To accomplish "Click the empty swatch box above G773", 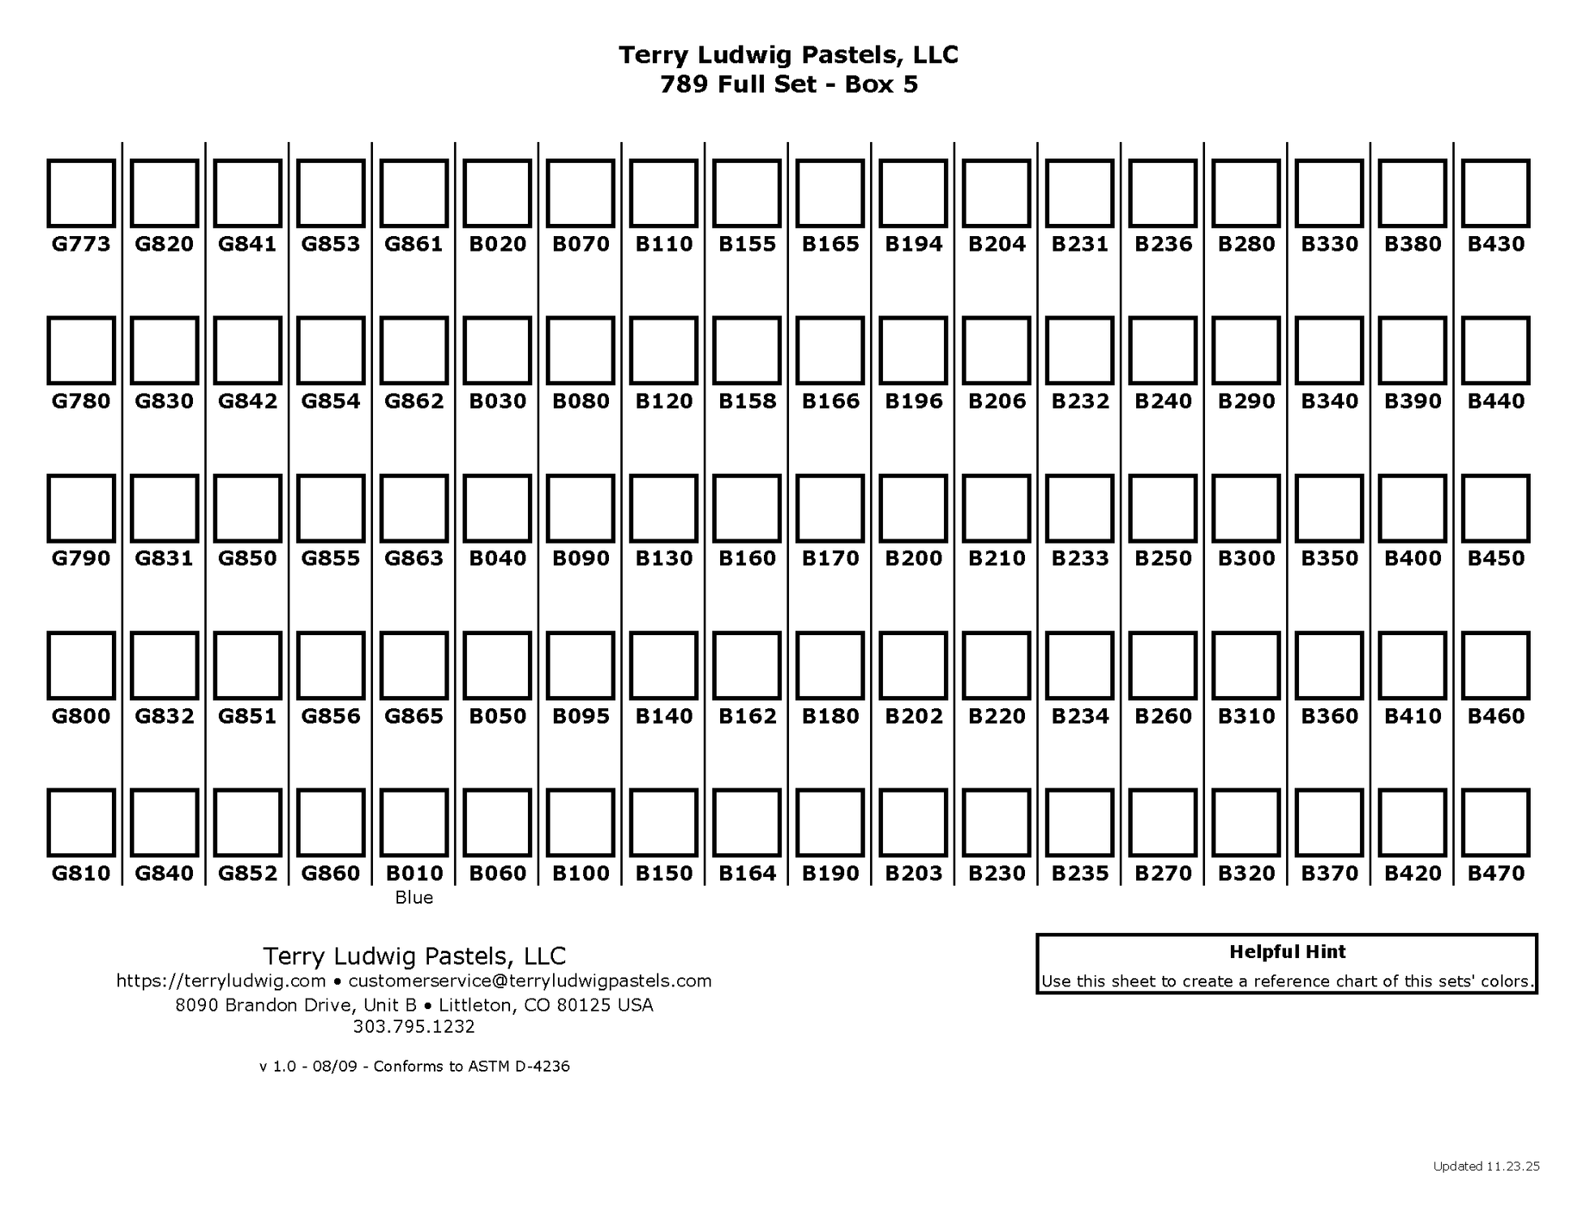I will tap(81, 193).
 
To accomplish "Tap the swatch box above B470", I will tap(1495, 823).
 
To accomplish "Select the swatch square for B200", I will tap(913, 508).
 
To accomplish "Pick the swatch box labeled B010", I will tap(414, 823).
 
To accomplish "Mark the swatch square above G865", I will tap(414, 665).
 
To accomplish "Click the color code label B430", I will tap(1495, 243).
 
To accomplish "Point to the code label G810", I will tap(81, 874).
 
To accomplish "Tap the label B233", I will tap(1079, 558).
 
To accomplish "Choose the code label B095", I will tap(581, 716).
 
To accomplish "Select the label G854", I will tap(331, 401).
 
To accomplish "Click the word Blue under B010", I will tap(414, 898).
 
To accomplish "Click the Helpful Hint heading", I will tap(1287, 952).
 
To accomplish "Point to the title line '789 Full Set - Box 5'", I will tap(788, 84).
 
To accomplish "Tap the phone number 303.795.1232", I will tap(414, 1027).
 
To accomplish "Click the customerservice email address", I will tap(530, 981).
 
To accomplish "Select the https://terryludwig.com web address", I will tap(221, 981).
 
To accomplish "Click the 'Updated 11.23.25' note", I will tap(1486, 1166).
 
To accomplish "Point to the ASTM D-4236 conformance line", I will tap(414, 1066).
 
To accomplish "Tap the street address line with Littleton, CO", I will tap(414, 1005).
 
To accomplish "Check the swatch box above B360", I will tap(1329, 665).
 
